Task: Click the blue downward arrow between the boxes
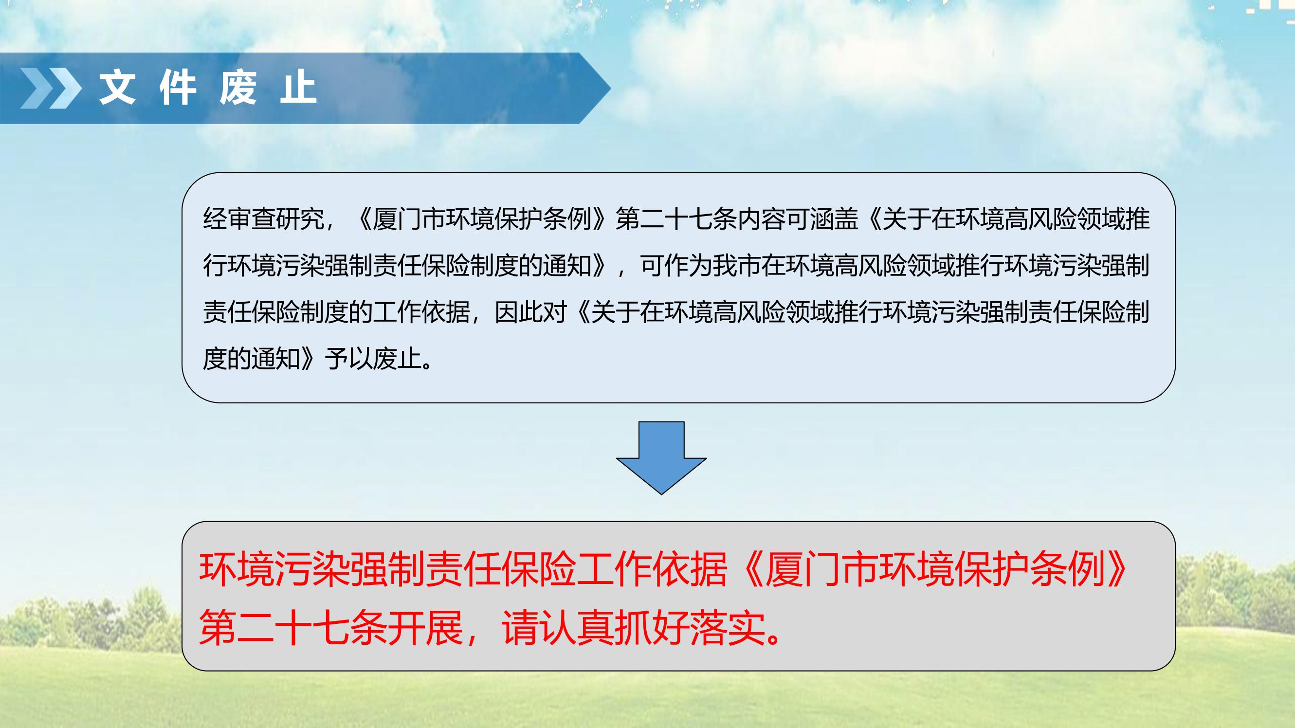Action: (x=661, y=457)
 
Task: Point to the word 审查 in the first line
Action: (x=252, y=219)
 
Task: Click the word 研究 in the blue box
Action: (x=300, y=219)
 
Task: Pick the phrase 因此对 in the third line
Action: (x=531, y=312)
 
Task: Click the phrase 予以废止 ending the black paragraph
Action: (x=373, y=359)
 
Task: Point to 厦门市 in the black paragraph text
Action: (x=409, y=219)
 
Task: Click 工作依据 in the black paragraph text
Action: (x=421, y=312)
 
